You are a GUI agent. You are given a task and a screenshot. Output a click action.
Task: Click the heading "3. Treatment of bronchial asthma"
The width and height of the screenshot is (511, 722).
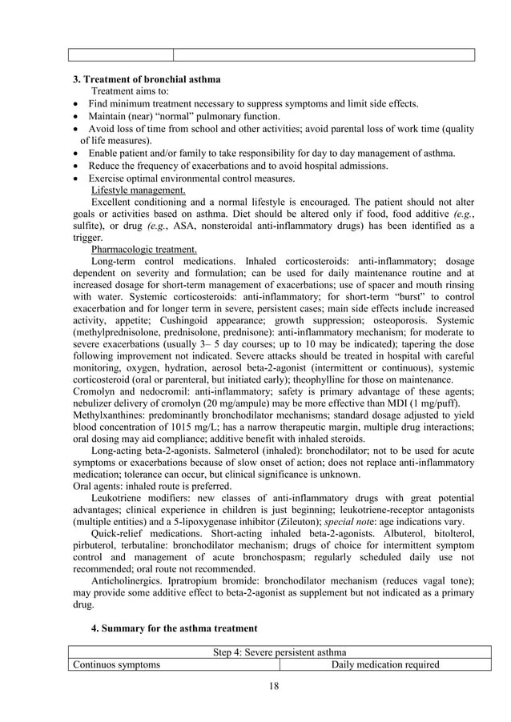147,79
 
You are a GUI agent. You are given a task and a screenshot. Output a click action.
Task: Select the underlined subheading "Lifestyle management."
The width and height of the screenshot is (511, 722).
139,190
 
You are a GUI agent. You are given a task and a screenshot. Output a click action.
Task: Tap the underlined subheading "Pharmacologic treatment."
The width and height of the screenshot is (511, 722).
143,249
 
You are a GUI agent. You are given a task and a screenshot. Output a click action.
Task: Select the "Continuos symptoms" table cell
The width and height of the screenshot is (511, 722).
116,664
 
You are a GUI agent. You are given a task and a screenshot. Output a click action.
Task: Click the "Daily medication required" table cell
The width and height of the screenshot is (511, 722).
385,664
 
